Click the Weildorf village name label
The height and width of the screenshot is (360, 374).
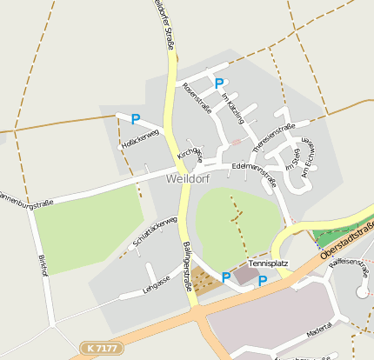pyautogui.click(x=189, y=179)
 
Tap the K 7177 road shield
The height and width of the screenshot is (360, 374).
pyautogui.click(x=102, y=348)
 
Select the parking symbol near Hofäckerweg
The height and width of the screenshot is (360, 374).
pyautogui.click(x=136, y=119)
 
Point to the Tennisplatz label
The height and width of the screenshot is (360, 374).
pyautogui.click(x=267, y=262)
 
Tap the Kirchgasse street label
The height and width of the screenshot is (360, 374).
pyautogui.click(x=190, y=154)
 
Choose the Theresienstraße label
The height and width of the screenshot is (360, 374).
pyautogui.click(x=273, y=132)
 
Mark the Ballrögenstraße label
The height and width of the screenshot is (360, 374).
pyautogui.click(x=189, y=265)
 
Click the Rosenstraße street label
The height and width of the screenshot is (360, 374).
pyautogui.click(x=197, y=97)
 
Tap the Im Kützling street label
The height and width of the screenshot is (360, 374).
pyautogui.click(x=233, y=107)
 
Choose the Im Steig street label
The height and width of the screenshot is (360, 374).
pyautogui.click(x=292, y=160)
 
